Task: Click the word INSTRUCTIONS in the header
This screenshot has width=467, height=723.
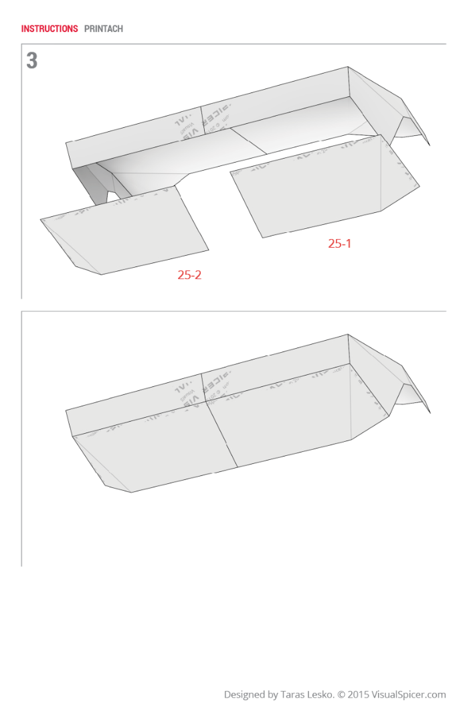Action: [50, 29]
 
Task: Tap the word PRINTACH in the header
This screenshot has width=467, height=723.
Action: [104, 29]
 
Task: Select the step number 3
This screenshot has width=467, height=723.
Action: [31, 61]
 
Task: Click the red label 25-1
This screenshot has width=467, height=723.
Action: [339, 244]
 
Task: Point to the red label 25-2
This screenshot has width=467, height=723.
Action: [189, 274]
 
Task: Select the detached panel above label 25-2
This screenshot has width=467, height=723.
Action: [127, 231]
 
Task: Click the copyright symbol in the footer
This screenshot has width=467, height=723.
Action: [342, 695]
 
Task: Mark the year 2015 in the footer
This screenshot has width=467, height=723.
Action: [359, 695]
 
